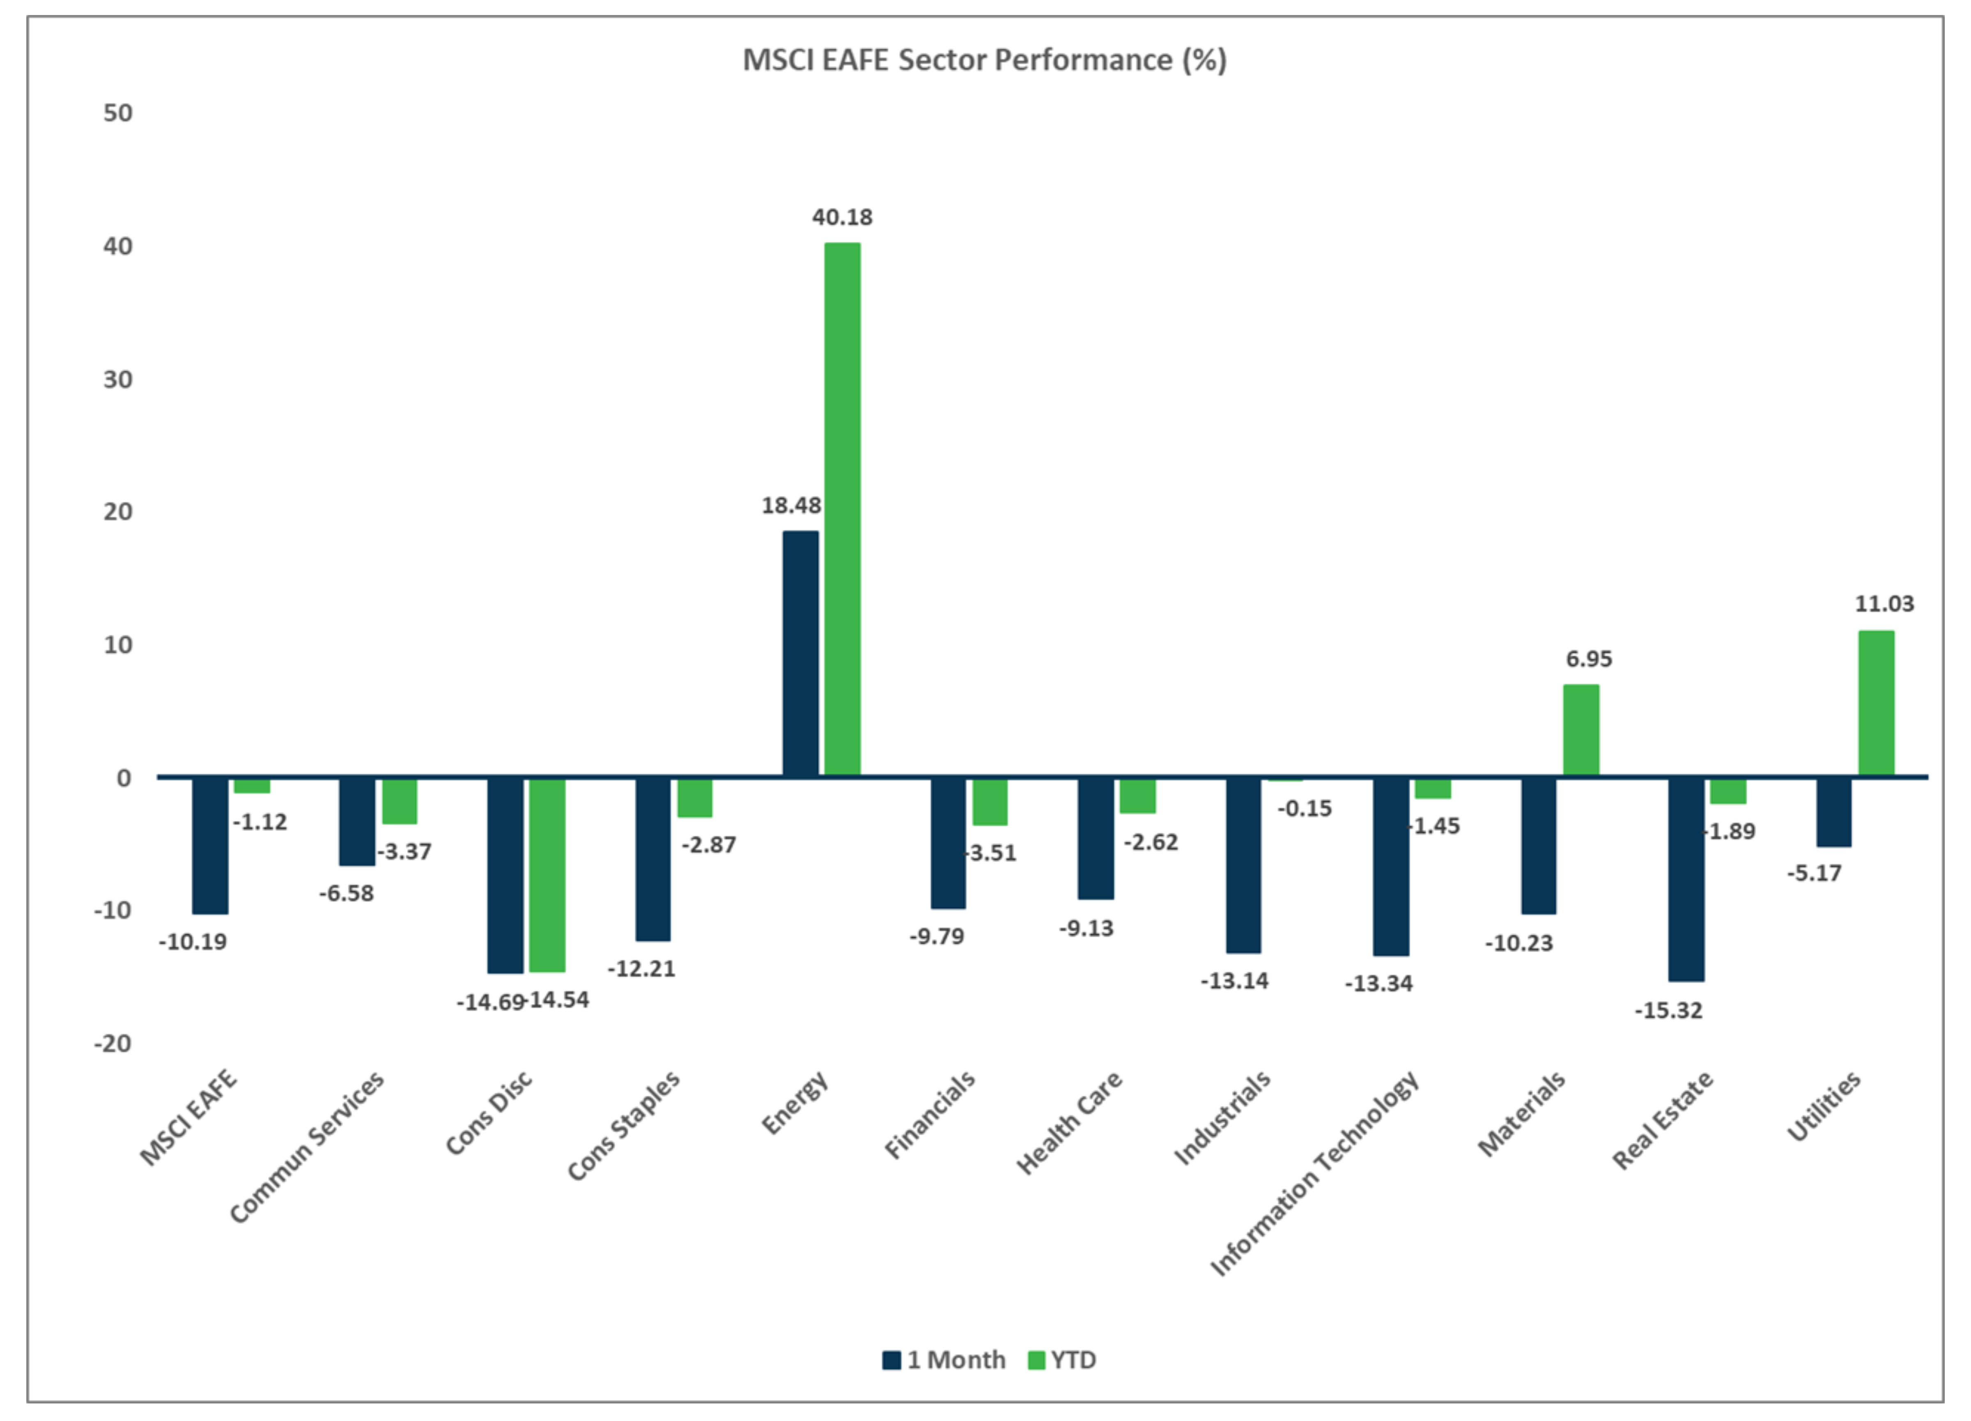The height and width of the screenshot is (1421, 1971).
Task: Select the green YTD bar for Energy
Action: point(842,508)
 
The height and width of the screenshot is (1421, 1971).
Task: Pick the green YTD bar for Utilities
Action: point(1876,702)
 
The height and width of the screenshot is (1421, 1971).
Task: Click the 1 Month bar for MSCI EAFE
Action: point(210,845)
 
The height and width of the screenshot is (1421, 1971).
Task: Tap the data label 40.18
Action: point(842,217)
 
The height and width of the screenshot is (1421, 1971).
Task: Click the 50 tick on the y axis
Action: point(118,113)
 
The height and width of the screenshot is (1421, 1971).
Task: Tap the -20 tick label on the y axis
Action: point(113,1043)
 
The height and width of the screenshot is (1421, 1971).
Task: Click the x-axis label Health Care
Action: point(1069,1123)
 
